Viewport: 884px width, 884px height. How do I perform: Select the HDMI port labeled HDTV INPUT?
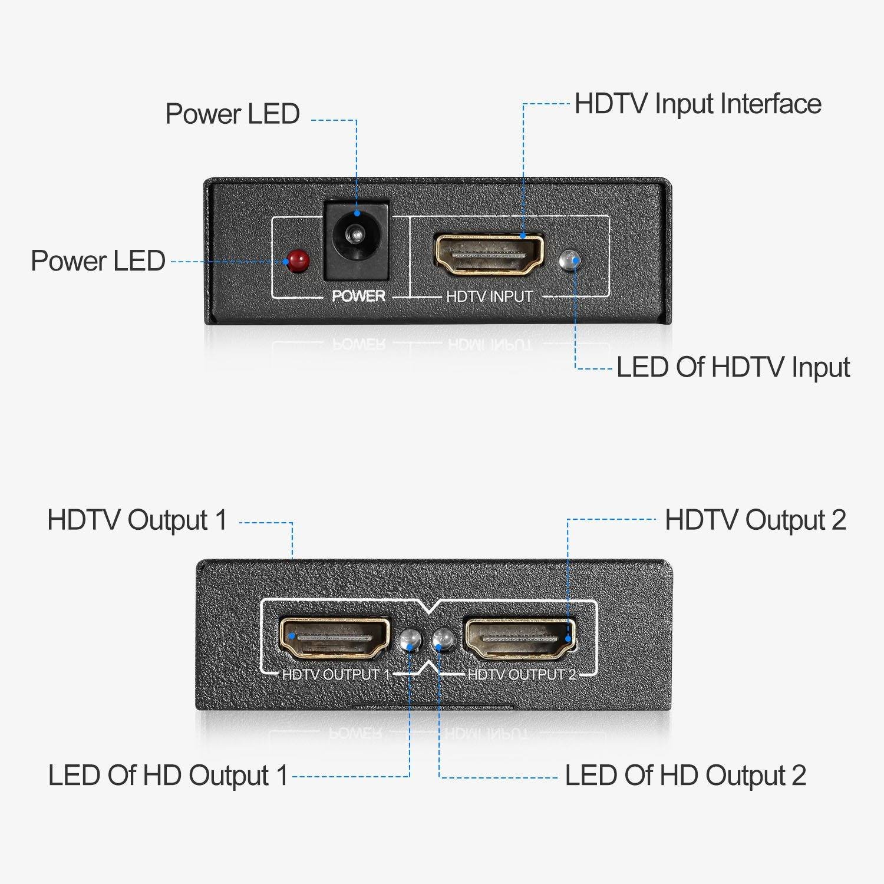tap(489, 255)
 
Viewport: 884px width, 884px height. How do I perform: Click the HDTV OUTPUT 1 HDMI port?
tap(334, 638)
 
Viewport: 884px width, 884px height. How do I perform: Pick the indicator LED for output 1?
tap(410, 641)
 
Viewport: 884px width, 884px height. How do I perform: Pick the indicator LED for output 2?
tap(443, 641)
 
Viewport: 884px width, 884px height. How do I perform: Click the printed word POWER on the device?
tap(358, 296)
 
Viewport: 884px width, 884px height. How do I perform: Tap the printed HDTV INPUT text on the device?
tap(489, 296)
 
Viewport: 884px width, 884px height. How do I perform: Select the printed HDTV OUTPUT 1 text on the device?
tap(336, 674)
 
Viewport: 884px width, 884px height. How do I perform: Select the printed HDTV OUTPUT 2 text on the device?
tap(522, 674)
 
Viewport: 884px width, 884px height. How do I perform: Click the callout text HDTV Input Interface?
tap(698, 104)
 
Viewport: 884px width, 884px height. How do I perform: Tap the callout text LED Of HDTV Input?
tap(733, 368)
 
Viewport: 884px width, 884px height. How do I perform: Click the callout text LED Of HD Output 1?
tap(168, 776)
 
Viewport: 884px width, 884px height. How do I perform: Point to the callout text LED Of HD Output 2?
tap(685, 776)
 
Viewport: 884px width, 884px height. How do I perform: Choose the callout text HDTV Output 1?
tap(137, 520)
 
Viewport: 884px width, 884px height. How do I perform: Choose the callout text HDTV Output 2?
tap(755, 520)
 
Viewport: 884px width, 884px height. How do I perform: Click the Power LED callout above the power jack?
tap(232, 114)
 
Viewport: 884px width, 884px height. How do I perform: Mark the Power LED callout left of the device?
tap(98, 261)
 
